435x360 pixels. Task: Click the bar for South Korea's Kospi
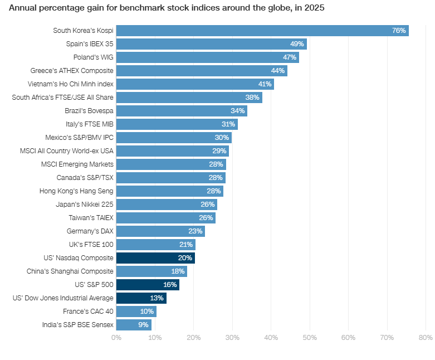(x=262, y=31)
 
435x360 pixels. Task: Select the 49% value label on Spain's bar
(x=296, y=44)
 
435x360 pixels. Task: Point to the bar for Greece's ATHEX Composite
(x=201, y=71)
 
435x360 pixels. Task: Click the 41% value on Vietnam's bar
(x=265, y=84)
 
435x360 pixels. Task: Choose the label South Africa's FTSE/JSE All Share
(x=62, y=98)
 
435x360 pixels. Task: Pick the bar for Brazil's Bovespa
(x=181, y=111)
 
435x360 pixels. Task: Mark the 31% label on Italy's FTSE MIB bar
(x=228, y=124)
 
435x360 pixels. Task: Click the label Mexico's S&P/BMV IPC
(x=79, y=138)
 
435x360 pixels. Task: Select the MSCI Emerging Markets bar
(x=170, y=164)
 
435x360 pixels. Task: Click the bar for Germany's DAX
(x=160, y=231)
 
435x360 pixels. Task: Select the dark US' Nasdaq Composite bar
(x=155, y=258)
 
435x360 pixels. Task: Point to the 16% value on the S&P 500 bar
(x=170, y=285)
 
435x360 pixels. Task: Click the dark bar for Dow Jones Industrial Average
(x=141, y=298)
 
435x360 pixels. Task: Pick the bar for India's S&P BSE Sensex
(x=134, y=325)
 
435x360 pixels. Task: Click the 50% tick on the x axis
(x=310, y=338)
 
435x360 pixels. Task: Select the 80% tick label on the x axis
(x=426, y=338)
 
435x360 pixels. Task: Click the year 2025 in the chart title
(x=315, y=8)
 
